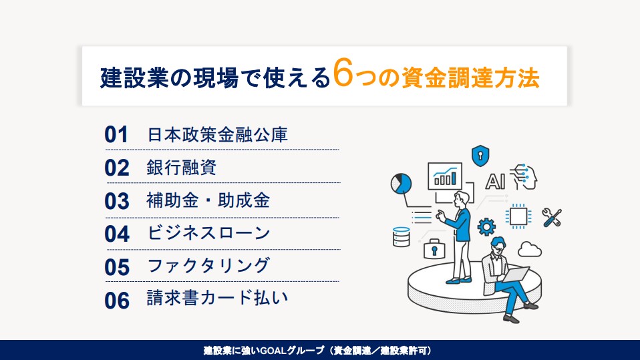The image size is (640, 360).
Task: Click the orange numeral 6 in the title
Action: pos(343,73)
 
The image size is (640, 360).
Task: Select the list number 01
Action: pos(116,135)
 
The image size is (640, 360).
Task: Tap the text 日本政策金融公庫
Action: pos(217,135)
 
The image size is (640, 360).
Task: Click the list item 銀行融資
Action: pos(181,168)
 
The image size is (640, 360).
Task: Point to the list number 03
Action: pos(117,201)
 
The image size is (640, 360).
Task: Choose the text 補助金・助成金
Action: pos(208,200)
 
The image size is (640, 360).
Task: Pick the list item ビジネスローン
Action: pos(208,233)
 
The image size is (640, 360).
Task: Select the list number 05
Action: pos(117,267)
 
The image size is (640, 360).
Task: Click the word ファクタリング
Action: pos(208,266)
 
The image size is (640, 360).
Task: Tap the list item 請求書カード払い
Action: pos(217,298)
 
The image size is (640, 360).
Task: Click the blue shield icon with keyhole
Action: pos(480,156)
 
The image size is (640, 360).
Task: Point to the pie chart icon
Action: pos(401,183)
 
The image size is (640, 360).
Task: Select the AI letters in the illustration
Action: pos(495,182)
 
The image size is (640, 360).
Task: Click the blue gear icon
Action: pos(486,227)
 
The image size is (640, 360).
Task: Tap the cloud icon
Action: pos(529,249)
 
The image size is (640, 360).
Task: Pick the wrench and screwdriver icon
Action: pos(552,218)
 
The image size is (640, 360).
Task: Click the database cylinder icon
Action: pos(402,236)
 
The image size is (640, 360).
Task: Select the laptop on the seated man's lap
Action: pos(516,274)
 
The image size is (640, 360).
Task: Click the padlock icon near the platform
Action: pos(434,249)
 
